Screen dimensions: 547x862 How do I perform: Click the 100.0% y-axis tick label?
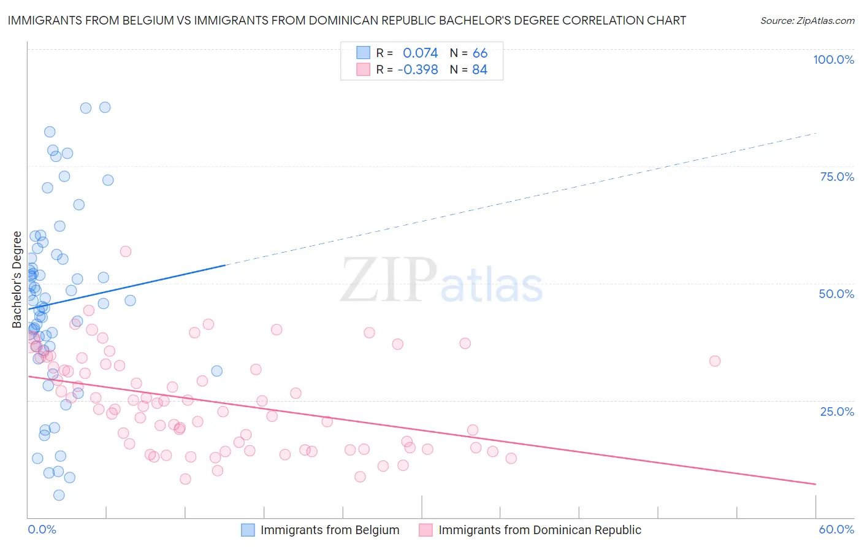click(x=833, y=59)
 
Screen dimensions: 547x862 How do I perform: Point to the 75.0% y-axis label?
click(x=837, y=177)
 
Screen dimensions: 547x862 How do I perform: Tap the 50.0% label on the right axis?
click(x=836, y=294)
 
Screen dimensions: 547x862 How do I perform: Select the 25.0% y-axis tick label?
click(x=837, y=411)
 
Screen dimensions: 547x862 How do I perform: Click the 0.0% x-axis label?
click(x=42, y=529)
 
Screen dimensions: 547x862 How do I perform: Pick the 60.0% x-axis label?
click(x=836, y=529)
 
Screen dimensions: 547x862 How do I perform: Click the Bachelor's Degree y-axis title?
click(x=17, y=280)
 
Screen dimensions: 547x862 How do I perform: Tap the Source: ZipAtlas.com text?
click(x=807, y=20)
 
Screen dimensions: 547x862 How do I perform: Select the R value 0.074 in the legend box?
click(x=420, y=53)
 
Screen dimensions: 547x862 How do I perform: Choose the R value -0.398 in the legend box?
click(x=418, y=70)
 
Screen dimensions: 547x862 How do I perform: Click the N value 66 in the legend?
click(x=480, y=53)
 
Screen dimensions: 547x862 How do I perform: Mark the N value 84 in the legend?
click(x=479, y=70)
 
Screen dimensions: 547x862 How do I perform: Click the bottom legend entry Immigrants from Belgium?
click(x=329, y=530)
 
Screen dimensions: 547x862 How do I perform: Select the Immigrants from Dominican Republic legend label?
click(x=540, y=530)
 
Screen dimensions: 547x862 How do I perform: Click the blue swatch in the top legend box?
click(x=364, y=53)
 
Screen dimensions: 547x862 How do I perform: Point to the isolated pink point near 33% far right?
click(x=714, y=361)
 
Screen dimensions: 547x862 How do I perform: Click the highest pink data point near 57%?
click(x=126, y=251)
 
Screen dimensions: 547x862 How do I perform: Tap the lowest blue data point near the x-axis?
click(x=59, y=495)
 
